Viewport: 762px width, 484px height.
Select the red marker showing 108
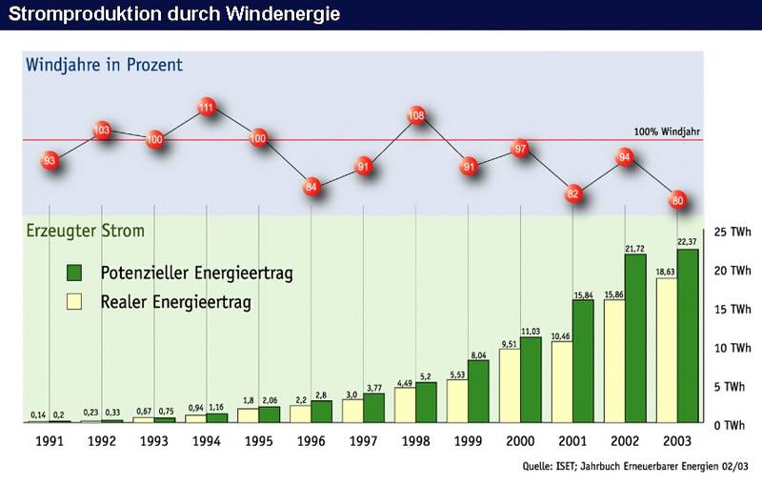416,117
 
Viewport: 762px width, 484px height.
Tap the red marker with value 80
678,201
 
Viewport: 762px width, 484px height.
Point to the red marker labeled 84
311,188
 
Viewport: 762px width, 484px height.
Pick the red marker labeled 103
103,130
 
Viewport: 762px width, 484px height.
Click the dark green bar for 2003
688,335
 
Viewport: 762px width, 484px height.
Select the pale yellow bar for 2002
613,361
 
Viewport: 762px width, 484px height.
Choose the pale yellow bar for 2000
510,386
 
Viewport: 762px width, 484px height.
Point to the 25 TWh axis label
732,232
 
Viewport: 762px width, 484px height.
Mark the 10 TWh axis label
732,348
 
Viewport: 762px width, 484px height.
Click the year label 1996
311,442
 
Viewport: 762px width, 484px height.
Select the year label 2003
678,442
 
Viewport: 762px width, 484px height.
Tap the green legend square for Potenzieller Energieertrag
75,273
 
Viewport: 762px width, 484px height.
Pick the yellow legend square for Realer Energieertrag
75,303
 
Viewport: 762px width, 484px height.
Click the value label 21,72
635,249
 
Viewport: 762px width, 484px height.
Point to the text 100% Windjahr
667,132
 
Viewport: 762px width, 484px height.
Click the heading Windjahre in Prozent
105,66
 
